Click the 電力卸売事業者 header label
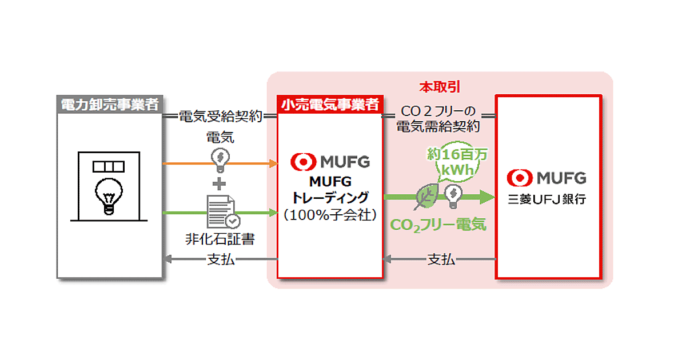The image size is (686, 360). (110, 105)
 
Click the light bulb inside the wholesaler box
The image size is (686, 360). (109, 195)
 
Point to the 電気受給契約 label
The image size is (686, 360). (220, 117)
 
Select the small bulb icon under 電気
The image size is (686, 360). (220, 159)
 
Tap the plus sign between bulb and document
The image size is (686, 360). (220, 184)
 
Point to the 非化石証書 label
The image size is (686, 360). (220, 239)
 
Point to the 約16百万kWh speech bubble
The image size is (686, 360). (452, 162)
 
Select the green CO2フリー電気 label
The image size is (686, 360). (438, 225)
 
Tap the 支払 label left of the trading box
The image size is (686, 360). (220, 259)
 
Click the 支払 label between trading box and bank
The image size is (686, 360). (441, 259)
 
